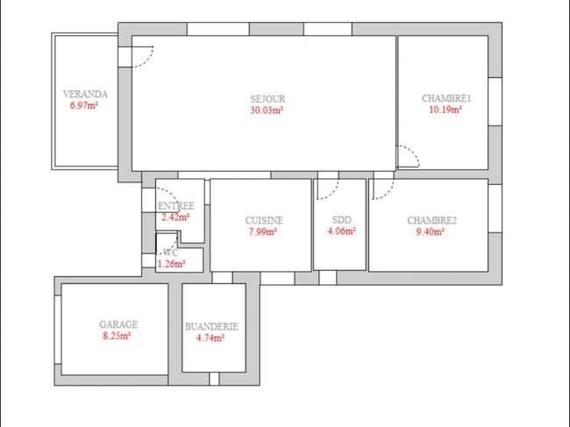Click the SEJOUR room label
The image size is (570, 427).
(267, 99)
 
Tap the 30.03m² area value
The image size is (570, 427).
(267, 110)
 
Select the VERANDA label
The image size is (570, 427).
(85, 94)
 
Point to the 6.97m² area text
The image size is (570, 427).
(84, 106)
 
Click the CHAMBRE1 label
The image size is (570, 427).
(446, 98)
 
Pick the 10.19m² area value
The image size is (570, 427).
(445, 110)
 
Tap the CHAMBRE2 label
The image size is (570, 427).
(431, 221)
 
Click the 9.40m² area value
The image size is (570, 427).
(430, 231)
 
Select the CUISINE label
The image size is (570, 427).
(264, 221)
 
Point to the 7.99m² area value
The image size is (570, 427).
(263, 231)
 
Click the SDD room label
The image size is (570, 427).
(342, 220)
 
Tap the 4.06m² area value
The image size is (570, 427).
(341, 231)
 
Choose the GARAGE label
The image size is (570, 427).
(118, 324)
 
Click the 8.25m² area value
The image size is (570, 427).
(117, 336)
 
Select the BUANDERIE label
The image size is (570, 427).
(211, 327)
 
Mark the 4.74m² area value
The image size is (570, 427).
(210, 338)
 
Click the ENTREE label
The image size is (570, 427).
(176, 206)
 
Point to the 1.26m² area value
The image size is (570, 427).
(171, 264)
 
